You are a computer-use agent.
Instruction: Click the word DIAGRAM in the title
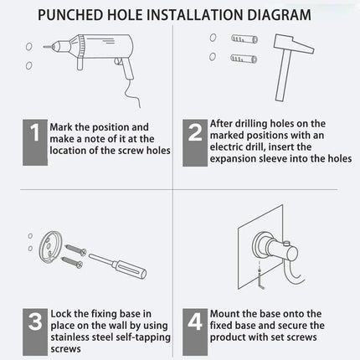click(x=279, y=15)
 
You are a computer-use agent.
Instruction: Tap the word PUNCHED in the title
click(x=70, y=15)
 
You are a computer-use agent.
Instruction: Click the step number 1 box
click(x=35, y=142)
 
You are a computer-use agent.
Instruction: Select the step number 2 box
click(x=195, y=143)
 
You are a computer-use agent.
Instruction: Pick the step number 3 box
click(x=35, y=332)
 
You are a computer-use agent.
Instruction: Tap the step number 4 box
click(x=195, y=332)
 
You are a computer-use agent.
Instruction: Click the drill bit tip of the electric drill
click(x=44, y=47)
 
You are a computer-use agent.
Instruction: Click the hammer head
click(x=293, y=44)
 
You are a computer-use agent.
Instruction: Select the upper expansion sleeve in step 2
click(x=244, y=39)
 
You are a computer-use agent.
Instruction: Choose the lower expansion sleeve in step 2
click(x=244, y=59)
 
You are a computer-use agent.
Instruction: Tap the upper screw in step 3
click(x=75, y=249)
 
